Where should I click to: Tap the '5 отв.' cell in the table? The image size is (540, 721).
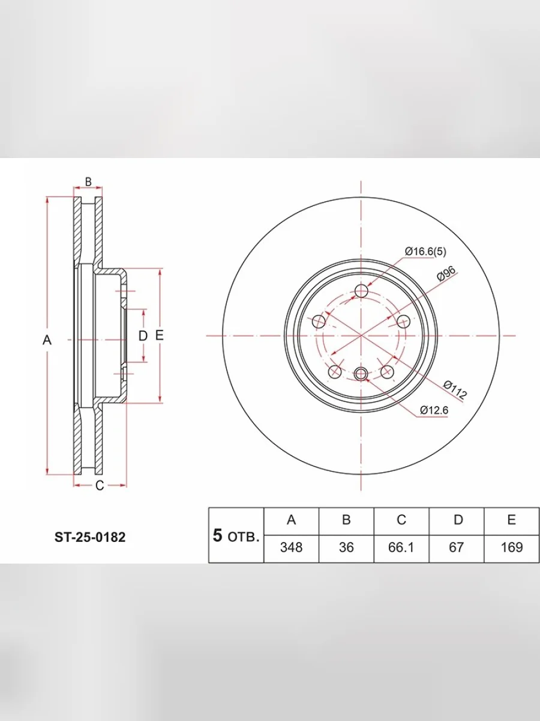pos(236,535)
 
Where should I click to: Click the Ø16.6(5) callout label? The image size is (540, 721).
pos(425,252)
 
